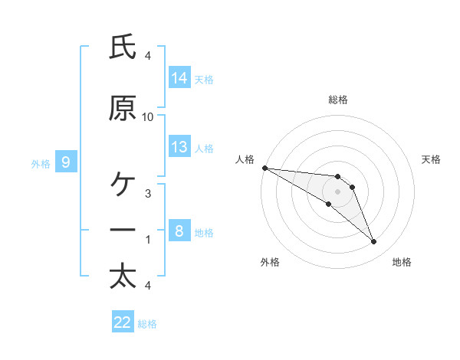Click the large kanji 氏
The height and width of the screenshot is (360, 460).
(x=123, y=46)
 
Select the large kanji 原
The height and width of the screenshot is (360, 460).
(x=123, y=108)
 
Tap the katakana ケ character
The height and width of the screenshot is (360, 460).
(x=123, y=184)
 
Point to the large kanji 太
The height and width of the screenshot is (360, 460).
(x=123, y=277)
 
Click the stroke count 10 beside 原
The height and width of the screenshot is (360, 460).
(x=147, y=117)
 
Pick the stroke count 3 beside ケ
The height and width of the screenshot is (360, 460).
(x=148, y=194)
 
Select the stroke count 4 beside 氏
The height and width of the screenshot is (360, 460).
(x=148, y=56)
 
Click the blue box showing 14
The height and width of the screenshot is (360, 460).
(x=179, y=77)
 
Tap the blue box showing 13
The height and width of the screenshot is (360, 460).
(x=179, y=146)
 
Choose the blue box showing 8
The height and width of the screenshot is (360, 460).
(x=179, y=230)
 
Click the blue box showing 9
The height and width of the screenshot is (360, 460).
(x=66, y=162)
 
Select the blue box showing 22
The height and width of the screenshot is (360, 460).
(x=123, y=321)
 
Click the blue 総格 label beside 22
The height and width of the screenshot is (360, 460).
(x=147, y=324)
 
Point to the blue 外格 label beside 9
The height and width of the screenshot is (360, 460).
(x=41, y=164)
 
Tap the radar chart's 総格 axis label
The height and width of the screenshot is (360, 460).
(x=338, y=100)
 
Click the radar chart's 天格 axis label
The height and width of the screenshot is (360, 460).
(x=431, y=159)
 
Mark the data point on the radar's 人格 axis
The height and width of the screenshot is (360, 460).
(x=265, y=168)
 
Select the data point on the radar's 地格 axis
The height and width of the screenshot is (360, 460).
(x=374, y=241)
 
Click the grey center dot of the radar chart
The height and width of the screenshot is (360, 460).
(x=337, y=191)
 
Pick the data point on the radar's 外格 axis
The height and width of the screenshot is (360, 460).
(x=329, y=204)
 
